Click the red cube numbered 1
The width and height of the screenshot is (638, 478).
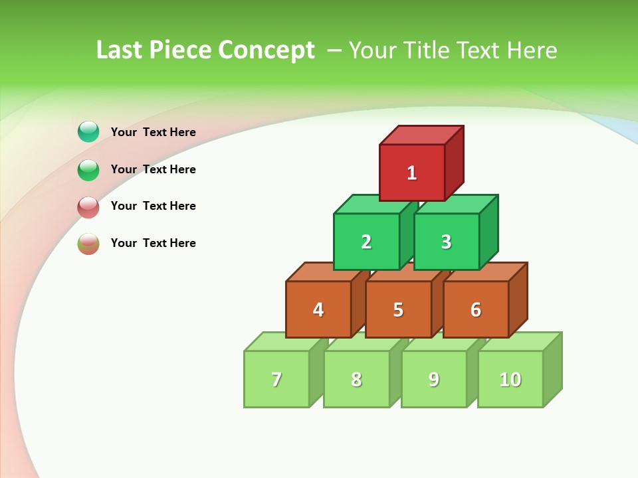[x=412, y=173]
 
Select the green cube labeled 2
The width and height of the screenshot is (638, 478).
[x=366, y=242]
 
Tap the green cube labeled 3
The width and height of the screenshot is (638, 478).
[x=446, y=242]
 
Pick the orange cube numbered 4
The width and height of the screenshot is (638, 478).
[x=318, y=309]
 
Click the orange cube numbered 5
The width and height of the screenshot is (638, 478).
[x=398, y=309]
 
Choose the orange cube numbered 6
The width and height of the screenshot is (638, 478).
[x=476, y=309]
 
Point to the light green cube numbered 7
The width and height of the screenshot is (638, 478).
[x=276, y=379]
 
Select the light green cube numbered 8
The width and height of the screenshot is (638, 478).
[x=356, y=379]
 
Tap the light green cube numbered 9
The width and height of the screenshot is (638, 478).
[x=434, y=379]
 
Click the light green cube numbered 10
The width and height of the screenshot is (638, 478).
[x=510, y=379]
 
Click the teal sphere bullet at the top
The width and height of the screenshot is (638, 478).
[x=88, y=131]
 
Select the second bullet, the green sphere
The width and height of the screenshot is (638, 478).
[x=88, y=169]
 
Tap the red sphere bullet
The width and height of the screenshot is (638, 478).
[x=88, y=206]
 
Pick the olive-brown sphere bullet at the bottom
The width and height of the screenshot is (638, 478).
[x=88, y=243]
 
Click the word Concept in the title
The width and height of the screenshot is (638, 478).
[x=266, y=50]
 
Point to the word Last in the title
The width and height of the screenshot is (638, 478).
[x=120, y=50]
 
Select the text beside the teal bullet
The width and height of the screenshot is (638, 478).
[x=154, y=132]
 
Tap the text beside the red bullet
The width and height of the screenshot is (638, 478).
[x=154, y=206]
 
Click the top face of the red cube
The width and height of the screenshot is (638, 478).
[x=421, y=135]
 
